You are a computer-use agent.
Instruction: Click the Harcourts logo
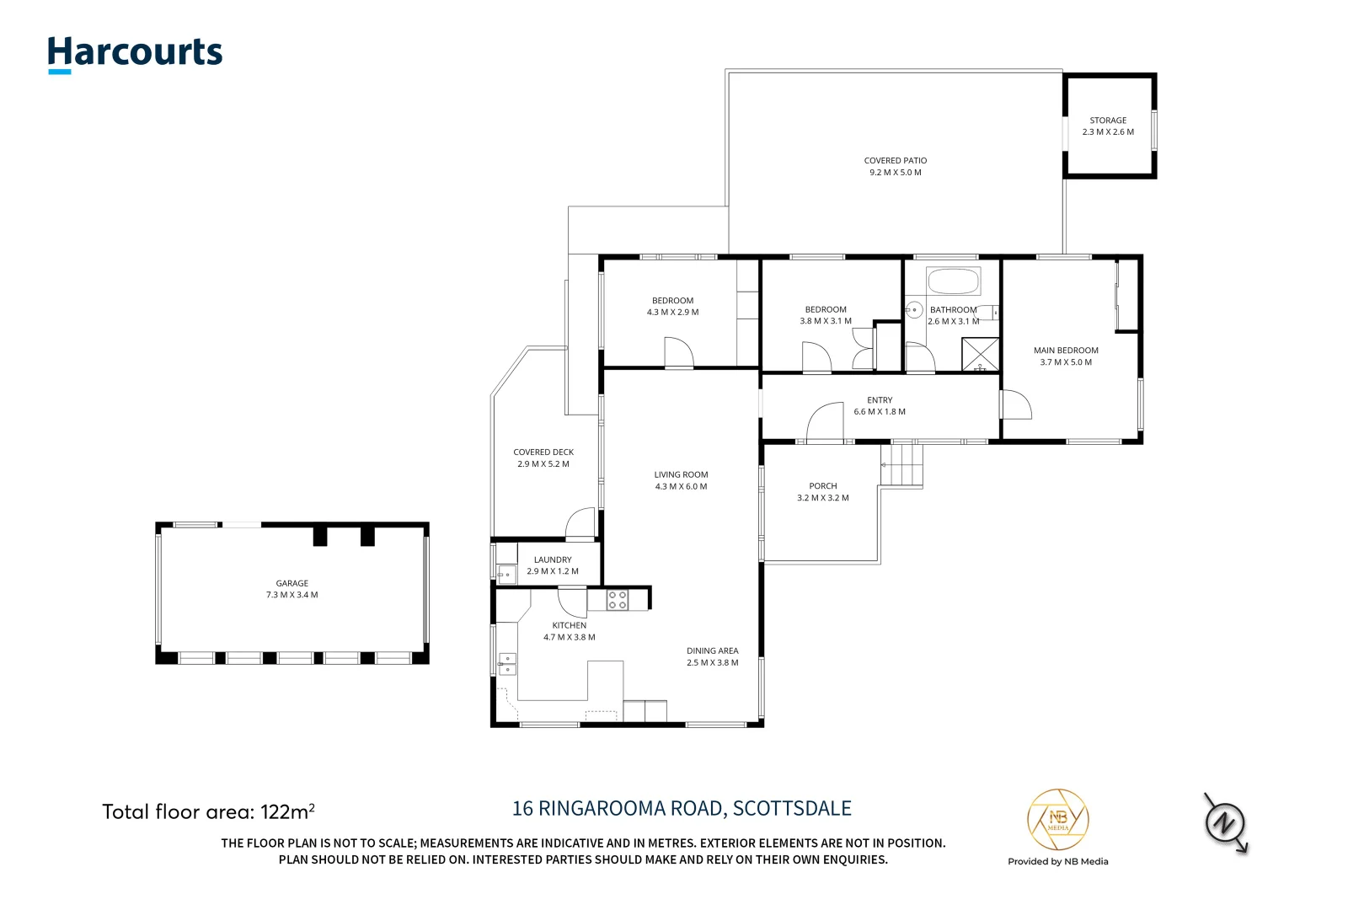(x=135, y=53)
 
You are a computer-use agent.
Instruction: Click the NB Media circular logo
(x=1057, y=820)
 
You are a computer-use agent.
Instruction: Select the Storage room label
(x=1108, y=120)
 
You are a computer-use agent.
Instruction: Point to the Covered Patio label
(x=895, y=160)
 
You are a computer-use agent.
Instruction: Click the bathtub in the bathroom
(x=953, y=281)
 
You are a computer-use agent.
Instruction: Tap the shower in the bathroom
(x=980, y=355)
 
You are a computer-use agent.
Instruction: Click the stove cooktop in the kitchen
(x=618, y=600)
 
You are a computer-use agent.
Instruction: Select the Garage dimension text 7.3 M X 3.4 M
(x=292, y=595)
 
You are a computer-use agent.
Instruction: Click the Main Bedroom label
(x=1066, y=351)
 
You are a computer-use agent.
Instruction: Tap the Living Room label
(x=681, y=474)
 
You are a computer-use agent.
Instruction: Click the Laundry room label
(x=553, y=559)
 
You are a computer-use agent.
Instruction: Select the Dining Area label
(x=712, y=650)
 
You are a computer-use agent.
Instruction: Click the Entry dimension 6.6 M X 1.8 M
(x=880, y=412)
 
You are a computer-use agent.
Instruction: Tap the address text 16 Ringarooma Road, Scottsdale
(x=682, y=809)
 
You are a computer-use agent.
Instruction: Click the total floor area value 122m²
(x=287, y=812)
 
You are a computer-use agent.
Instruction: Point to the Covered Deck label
(x=543, y=452)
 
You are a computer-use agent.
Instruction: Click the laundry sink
(x=506, y=575)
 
